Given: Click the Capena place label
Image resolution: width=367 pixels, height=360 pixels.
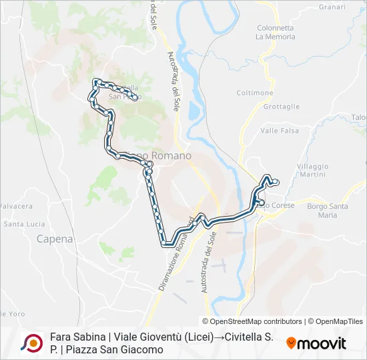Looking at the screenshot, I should click(x=55, y=238).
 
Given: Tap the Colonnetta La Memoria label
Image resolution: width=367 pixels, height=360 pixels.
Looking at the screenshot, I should click(x=275, y=32).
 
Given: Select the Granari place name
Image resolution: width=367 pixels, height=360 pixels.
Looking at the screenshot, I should click(x=332, y=7).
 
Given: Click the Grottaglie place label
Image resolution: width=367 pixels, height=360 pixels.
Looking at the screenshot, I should click(x=281, y=107).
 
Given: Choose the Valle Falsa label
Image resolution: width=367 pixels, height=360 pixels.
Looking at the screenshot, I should click(x=279, y=131).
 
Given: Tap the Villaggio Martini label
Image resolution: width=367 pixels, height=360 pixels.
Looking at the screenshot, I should click(x=313, y=169).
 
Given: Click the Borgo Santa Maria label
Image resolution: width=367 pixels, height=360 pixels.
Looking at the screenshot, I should click(x=328, y=211).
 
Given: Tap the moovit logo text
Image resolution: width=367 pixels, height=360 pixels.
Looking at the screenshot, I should click(x=322, y=343).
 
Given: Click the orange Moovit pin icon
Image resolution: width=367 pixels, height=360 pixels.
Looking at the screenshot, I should click(x=291, y=343).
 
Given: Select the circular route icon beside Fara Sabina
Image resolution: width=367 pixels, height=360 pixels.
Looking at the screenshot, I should click(x=31, y=343).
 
